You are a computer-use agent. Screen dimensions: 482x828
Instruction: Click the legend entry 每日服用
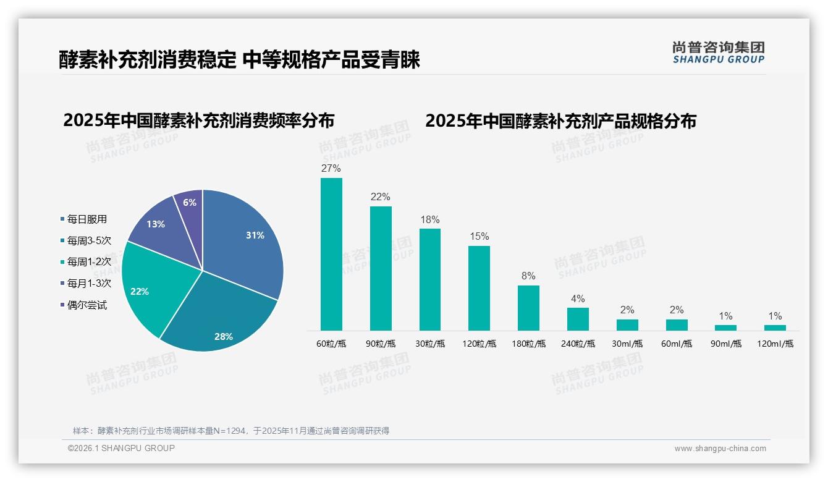point(87,219)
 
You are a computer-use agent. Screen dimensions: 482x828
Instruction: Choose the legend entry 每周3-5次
point(89,240)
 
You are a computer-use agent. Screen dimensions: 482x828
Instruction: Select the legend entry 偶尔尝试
point(87,305)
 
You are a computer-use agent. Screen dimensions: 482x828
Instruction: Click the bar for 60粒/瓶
point(331,254)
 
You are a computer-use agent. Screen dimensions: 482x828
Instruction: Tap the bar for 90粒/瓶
point(381,268)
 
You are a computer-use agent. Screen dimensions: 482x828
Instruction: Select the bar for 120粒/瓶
point(479,288)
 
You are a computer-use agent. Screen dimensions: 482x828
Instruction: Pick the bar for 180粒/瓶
point(528,308)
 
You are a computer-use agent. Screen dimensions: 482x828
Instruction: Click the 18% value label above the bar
point(429,219)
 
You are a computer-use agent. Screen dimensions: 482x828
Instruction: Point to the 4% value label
point(578,298)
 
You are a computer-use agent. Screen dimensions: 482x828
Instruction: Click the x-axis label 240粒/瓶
point(578,344)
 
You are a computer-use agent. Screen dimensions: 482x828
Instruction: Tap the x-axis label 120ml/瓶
point(775,344)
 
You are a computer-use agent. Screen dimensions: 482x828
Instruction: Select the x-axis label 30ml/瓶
point(627,344)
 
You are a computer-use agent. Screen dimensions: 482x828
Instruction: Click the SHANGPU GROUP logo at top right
point(718,53)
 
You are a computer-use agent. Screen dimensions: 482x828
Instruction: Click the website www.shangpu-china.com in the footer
point(720,449)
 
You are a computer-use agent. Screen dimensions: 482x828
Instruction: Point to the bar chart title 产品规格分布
point(560,120)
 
